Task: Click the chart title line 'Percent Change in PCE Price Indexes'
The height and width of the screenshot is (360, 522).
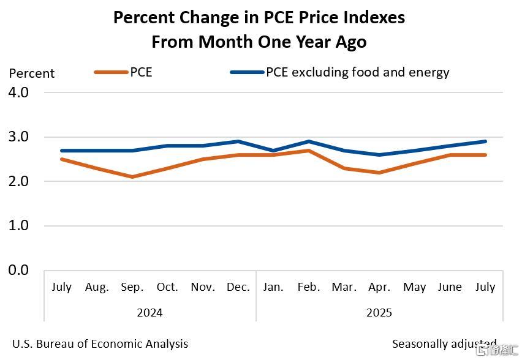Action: pos(259,18)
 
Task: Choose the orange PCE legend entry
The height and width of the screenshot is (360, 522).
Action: pos(123,72)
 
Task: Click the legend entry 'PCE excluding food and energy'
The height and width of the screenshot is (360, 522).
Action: pos(340,72)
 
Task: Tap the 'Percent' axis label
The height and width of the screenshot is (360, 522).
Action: pos(32,73)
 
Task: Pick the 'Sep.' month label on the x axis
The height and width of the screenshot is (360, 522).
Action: pos(132,287)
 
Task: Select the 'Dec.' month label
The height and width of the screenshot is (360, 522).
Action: pos(238,287)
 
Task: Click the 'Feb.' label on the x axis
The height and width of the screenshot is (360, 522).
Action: pos(309,287)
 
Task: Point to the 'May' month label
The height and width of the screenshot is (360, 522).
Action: pos(415,287)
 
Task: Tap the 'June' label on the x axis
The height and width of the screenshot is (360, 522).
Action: pos(450,287)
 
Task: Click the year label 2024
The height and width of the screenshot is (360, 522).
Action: pos(149,313)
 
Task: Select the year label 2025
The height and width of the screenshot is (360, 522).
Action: pos(379,313)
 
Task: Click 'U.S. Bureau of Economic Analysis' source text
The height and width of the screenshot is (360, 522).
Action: pos(100,344)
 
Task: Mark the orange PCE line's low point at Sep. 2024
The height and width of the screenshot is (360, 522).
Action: pos(132,177)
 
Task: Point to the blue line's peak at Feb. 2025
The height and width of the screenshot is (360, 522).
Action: pos(309,141)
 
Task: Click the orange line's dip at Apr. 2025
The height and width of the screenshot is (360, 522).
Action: pos(379,173)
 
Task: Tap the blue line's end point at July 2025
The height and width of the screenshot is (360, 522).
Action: pos(485,141)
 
